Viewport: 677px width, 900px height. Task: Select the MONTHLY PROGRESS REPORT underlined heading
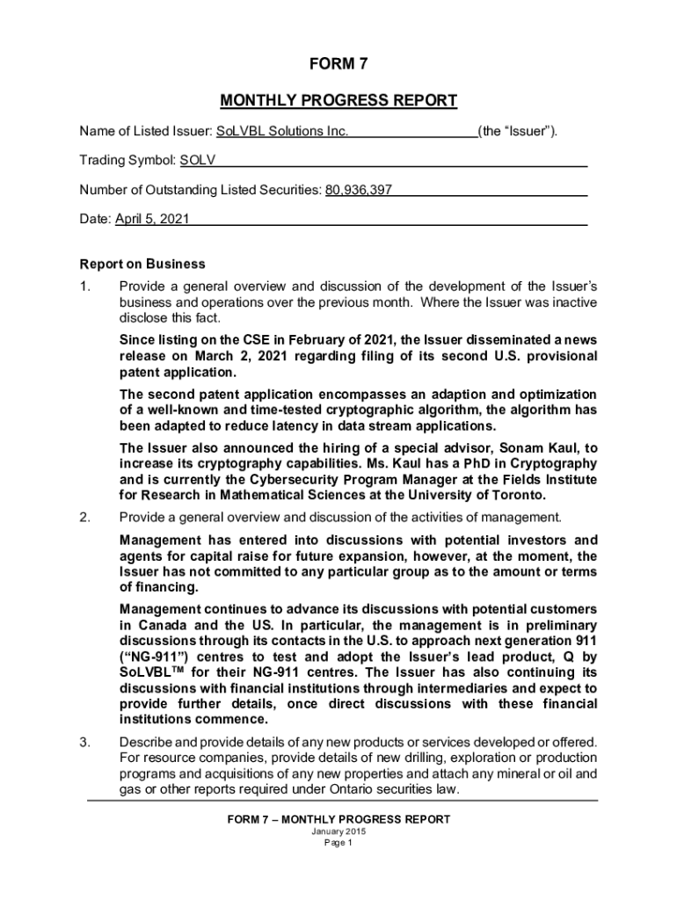click(x=338, y=100)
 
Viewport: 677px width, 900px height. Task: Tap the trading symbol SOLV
click(x=198, y=161)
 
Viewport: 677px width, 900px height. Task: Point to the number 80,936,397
click(x=359, y=190)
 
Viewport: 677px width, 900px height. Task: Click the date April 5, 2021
click(x=151, y=219)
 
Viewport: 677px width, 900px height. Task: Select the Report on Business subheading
click(x=142, y=264)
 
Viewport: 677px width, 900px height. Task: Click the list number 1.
click(x=84, y=287)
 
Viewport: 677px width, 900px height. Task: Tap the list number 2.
click(x=84, y=517)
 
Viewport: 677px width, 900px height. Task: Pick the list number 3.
click(x=84, y=742)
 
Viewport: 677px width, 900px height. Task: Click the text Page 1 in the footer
click(x=338, y=843)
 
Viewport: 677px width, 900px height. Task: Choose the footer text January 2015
click(x=338, y=831)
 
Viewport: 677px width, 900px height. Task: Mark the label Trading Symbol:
click(x=127, y=161)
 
